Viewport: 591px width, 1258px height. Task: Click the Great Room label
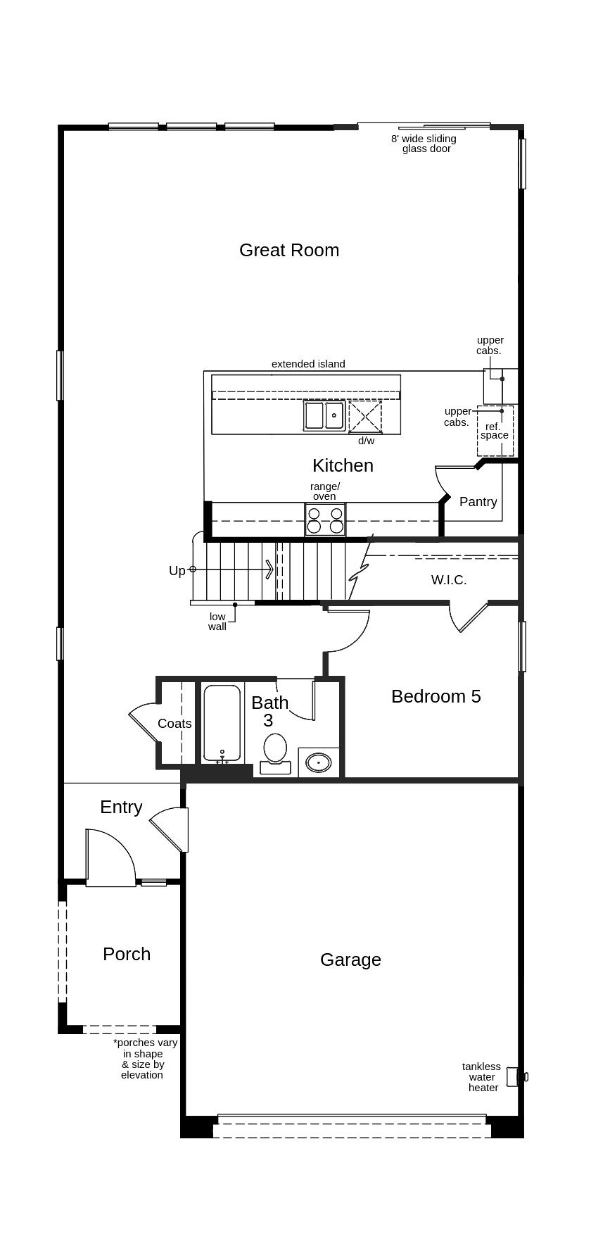tap(289, 250)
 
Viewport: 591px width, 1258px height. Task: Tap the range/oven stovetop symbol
tap(325, 520)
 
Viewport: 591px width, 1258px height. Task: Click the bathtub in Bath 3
tap(222, 723)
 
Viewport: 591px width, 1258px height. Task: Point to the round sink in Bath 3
tap(319, 762)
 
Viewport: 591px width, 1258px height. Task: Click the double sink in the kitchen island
tap(324, 415)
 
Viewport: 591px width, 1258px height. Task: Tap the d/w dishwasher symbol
tap(365, 415)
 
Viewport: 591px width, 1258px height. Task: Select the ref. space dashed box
tap(495, 430)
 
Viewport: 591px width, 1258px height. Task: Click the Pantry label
tap(478, 502)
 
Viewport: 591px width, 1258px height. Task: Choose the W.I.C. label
tap(448, 580)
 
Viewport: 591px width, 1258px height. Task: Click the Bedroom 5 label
tap(436, 696)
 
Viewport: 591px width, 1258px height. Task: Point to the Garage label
tap(350, 960)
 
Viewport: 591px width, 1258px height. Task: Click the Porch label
tap(127, 954)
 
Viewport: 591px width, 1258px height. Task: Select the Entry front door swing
tap(110, 857)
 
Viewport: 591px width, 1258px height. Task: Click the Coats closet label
tap(174, 724)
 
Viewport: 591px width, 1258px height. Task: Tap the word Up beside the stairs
tap(177, 570)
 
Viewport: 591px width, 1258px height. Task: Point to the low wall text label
tap(217, 622)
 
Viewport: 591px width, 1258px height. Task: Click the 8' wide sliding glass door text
tap(424, 144)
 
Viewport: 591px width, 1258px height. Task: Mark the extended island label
tap(308, 364)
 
